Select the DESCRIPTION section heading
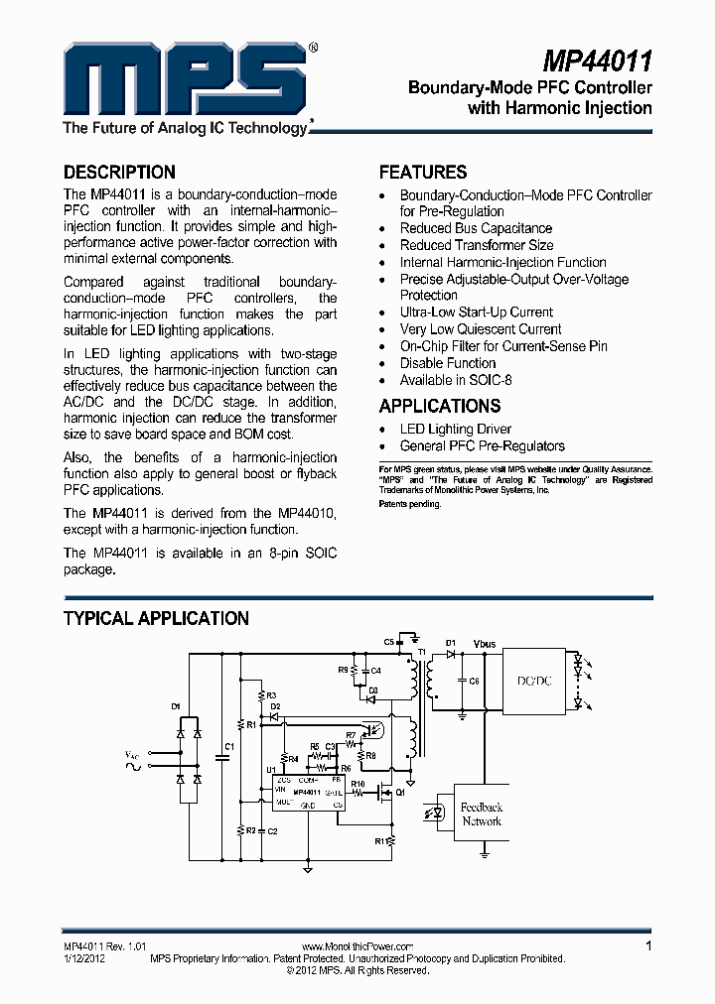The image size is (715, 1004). click(x=119, y=172)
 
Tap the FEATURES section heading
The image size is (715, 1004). click(x=423, y=172)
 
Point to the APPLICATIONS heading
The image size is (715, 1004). click(x=439, y=406)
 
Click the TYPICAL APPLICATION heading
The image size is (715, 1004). click(x=156, y=618)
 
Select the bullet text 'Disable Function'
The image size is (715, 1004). click(x=448, y=363)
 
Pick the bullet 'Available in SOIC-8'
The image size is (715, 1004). click(x=456, y=380)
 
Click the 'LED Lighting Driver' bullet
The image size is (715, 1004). click(x=456, y=429)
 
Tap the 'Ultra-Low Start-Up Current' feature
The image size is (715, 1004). click(x=476, y=312)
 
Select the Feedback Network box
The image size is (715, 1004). click(x=482, y=815)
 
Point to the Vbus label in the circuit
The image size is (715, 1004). click(x=485, y=645)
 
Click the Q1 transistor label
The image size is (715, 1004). click(x=401, y=794)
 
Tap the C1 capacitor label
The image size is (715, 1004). click(x=229, y=746)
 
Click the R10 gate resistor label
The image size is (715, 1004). click(x=358, y=784)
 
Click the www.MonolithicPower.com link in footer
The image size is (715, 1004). click(x=356, y=947)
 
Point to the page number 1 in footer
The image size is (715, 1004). click(x=648, y=946)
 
